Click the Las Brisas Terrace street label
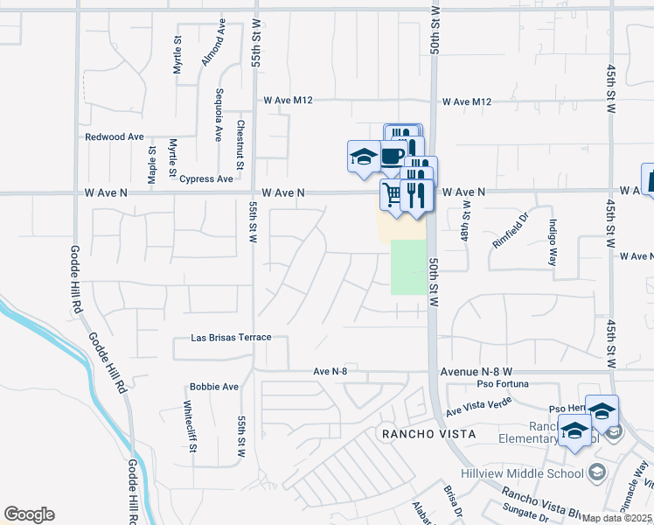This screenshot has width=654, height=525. tap(232, 337)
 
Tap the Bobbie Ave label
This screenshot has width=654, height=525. tap(214, 386)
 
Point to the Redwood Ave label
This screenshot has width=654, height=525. tap(114, 137)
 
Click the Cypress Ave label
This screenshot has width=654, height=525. tap(206, 178)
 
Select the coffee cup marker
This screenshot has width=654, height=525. tap(393, 155)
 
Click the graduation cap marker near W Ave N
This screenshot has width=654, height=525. tap(363, 157)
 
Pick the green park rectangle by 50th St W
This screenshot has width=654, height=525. tap(407, 267)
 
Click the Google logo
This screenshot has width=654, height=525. tap(29, 514)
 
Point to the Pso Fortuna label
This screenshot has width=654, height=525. tap(504, 383)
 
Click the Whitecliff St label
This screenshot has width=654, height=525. tap(189, 426)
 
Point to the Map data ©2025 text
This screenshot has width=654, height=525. tap(617, 518)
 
